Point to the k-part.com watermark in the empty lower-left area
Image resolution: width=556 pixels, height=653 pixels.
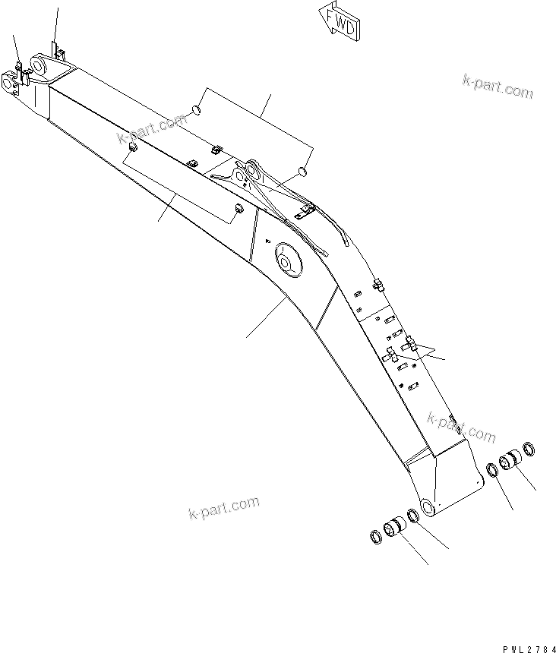(x=223, y=509)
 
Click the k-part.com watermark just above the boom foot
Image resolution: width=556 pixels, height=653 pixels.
(x=461, y=427)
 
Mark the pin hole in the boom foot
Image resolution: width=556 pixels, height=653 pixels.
(x=426, y=508)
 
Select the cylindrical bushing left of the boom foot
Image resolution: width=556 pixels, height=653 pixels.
(x=394, y=528)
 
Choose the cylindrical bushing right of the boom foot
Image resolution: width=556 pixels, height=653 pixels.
(x=508, y=462)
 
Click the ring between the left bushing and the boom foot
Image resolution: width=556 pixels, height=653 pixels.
(x=413, y=517)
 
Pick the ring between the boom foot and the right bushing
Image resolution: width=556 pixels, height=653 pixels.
(x=493, y=470)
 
